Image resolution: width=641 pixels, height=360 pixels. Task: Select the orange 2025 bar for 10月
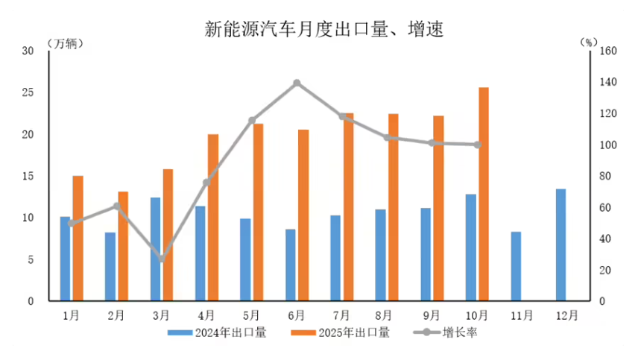click(x=484, y=194)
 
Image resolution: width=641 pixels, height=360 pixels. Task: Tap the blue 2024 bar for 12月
click(x=561, y=244)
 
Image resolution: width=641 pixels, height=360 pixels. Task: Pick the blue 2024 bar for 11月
click(x=516, y=266)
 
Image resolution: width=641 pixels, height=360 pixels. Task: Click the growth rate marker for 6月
click(x=297, y=83)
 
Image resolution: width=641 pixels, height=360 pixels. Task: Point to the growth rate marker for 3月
click(x=162, y=259)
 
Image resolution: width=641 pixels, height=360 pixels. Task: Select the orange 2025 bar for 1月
click(x=78, y=238)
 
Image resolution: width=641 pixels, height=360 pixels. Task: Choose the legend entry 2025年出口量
click(x=344, y=332)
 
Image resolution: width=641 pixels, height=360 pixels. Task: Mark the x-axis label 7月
click(x=341, y=315)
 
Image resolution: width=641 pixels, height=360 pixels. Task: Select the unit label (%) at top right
click(x=588, y=42)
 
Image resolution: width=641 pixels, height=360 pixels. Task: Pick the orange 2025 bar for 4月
click(x=213, y=218)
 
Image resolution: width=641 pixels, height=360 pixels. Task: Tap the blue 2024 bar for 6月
click(x=291, y=265)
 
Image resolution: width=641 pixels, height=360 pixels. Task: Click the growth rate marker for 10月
click(x=477, y=145)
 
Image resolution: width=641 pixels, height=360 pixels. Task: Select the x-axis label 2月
click(x=116, y=315)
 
